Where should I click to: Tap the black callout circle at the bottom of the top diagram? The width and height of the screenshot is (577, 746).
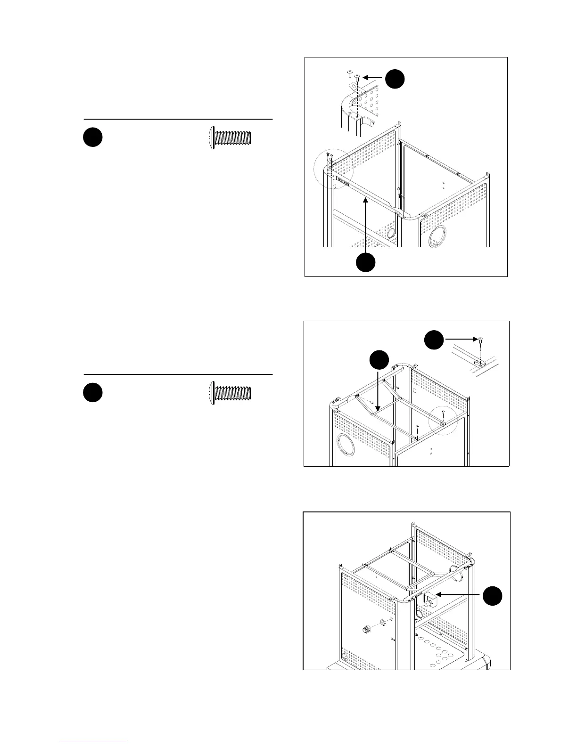tap(365, 262)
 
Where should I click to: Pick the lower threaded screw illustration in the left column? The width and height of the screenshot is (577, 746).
tap(231, 393)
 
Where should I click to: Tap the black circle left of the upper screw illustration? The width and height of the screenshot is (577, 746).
tap(93, 137)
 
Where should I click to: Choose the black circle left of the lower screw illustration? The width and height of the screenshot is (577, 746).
tap(93, 393)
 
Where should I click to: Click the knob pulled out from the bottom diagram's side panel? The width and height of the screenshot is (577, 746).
tap(366, 629)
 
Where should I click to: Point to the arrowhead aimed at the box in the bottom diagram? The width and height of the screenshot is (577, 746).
tap(439, 595)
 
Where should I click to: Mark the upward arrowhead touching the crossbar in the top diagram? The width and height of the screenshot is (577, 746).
tap(366, 202)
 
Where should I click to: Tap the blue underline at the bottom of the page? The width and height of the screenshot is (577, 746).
tap(94, 742)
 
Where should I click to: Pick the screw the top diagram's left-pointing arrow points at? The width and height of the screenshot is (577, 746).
tap(358, 76)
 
